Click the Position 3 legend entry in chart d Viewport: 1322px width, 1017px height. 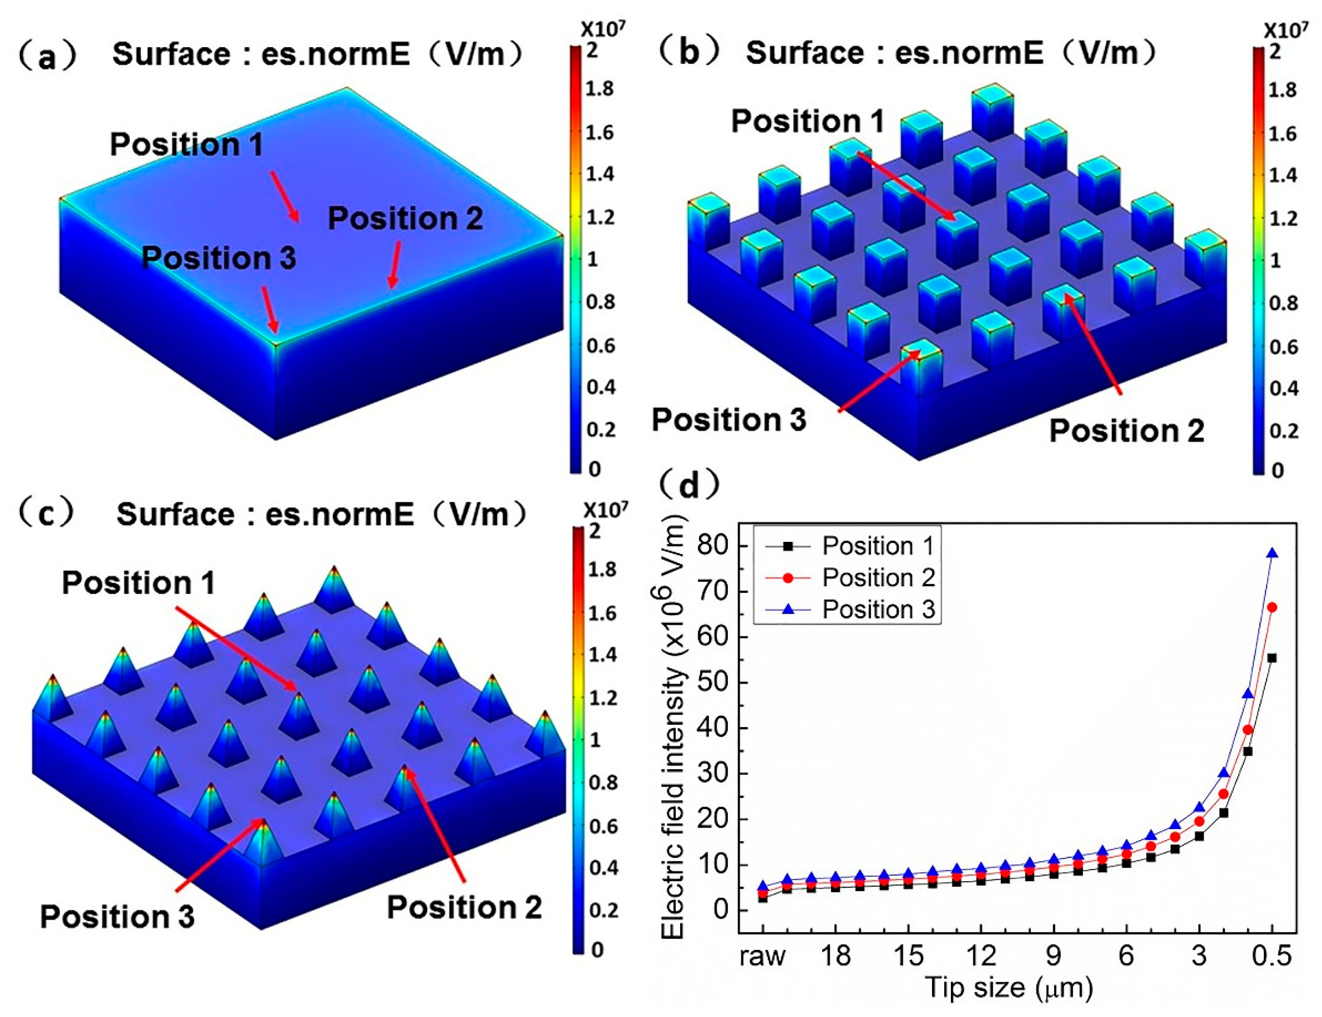tap(877, 609)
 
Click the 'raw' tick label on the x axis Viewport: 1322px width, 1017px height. tap(762, 956)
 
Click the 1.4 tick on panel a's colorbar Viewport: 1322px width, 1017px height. tap(599, 174)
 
